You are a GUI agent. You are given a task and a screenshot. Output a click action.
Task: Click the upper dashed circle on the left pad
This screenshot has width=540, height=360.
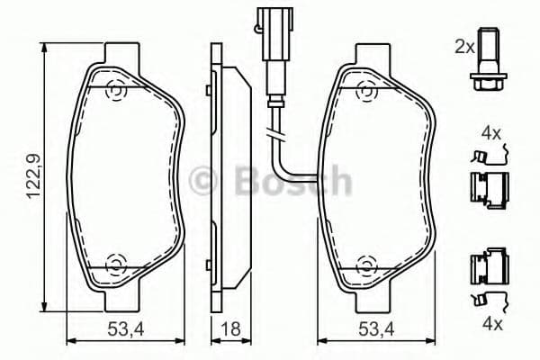click(x=114, y=90)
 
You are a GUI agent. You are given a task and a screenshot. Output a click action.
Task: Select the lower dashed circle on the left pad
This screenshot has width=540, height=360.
click(x=114, y=264)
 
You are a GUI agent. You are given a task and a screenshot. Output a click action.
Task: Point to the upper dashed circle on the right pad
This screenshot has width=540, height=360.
click(x=364, y=90)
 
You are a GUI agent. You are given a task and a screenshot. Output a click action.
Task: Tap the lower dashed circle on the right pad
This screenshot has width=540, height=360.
click(x=364, y=264)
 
